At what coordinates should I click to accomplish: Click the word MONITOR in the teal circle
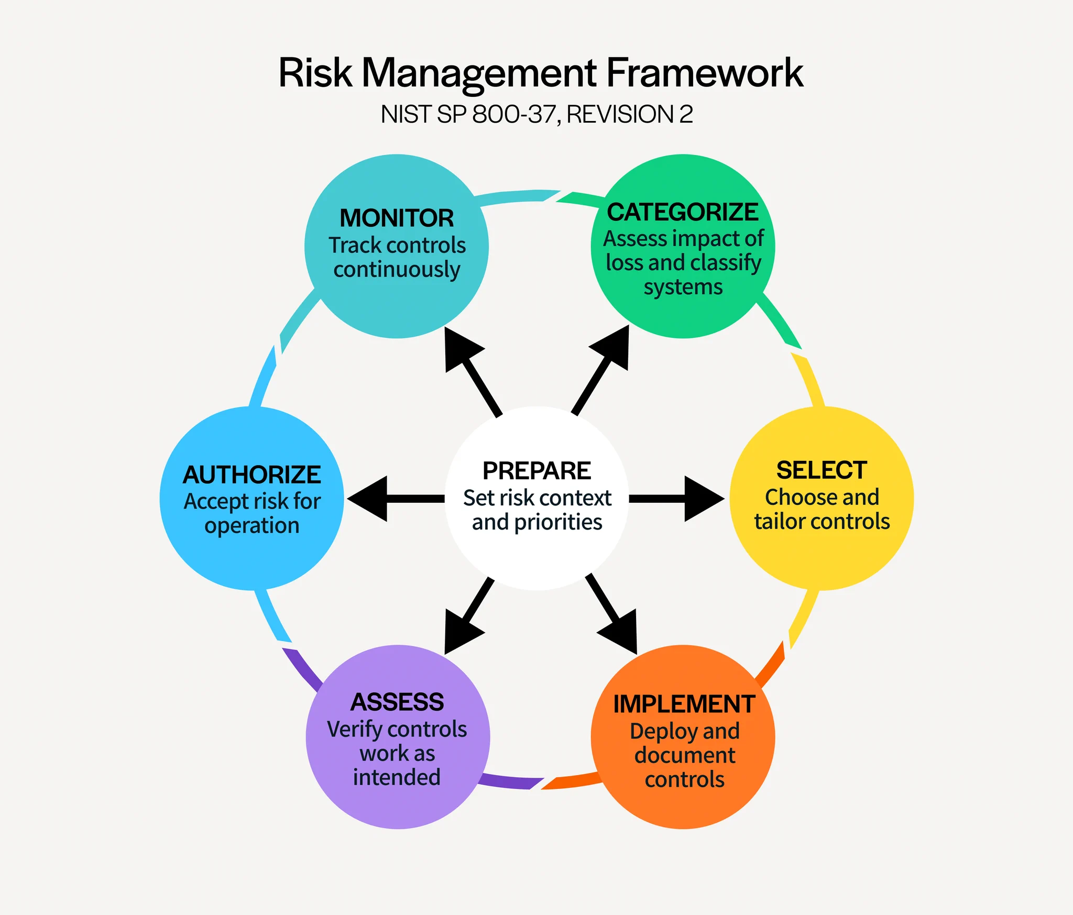[397, 218]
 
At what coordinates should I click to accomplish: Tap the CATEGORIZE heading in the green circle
[683, 212]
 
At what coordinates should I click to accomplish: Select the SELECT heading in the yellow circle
[822, 470]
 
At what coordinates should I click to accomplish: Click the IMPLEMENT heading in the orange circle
[684, 704]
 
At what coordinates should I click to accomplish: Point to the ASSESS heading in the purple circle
[397, 702]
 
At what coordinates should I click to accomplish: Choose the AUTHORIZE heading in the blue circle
[252, 475]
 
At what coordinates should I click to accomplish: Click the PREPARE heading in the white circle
[536, 471]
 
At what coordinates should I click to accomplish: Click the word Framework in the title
[705, 73]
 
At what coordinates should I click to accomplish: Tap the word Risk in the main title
[315, 73]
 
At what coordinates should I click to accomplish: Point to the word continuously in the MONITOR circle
[397, 270]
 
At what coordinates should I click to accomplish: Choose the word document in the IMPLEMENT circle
[685, 755]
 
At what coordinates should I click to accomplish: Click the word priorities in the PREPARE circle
[559, 523]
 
